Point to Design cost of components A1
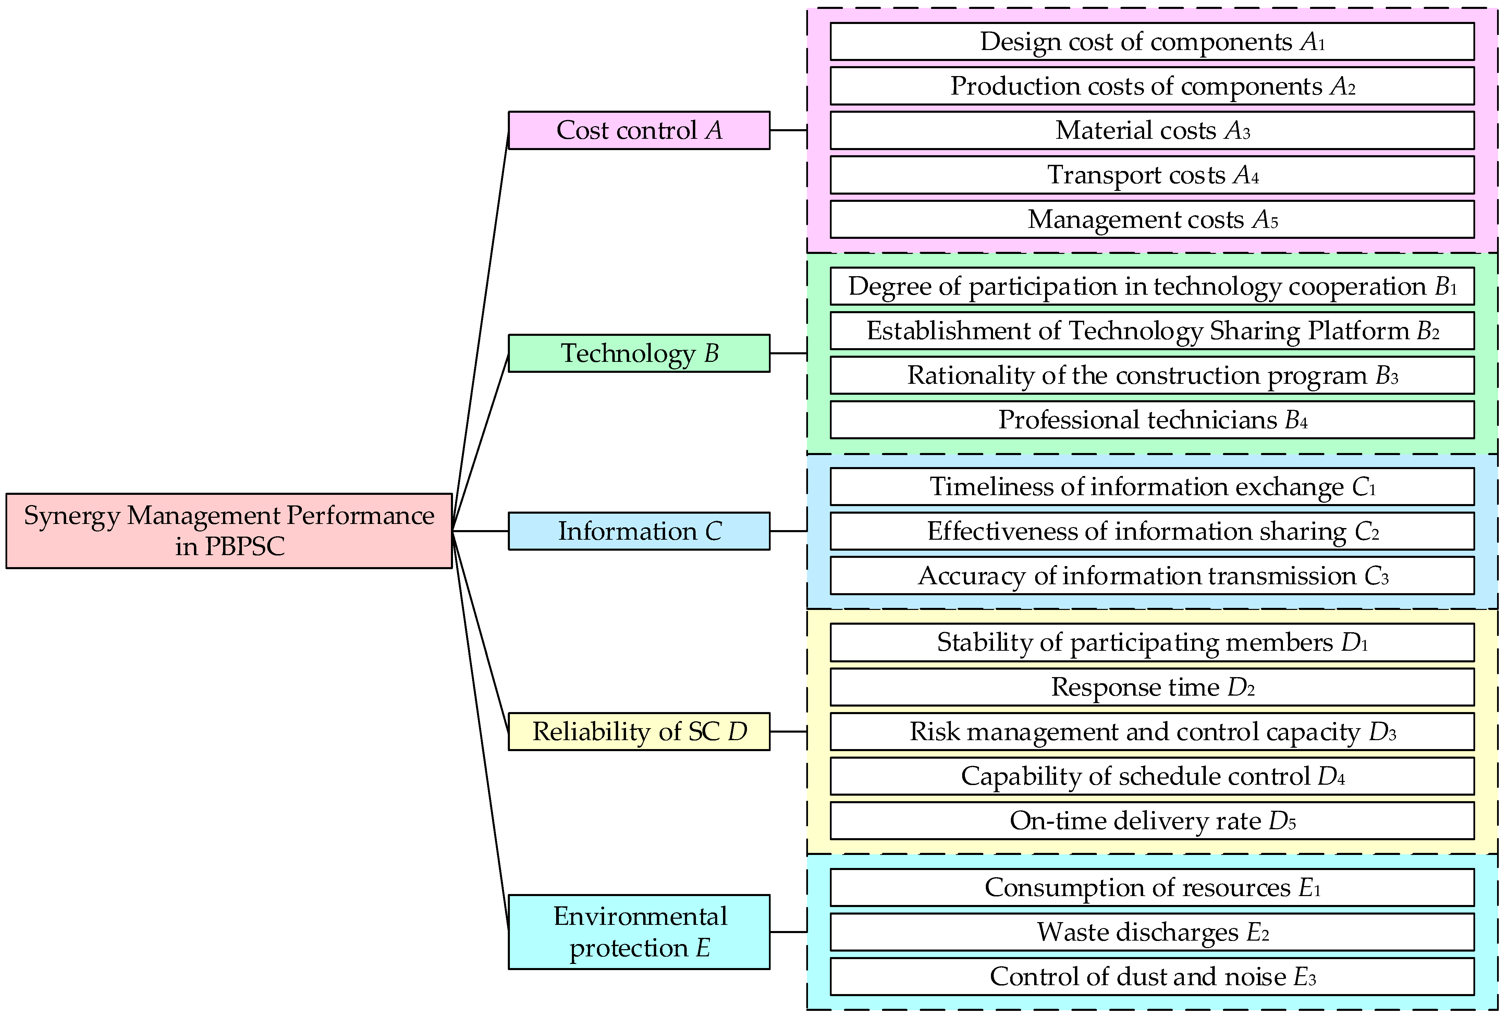tap(1152, 41)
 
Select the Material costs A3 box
tap(1152, 130)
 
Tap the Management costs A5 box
tap(1152, 220)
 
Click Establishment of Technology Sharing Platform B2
tap(1152, 330)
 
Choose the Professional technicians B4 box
tap(1152, 420)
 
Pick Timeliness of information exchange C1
tap(1152, 487)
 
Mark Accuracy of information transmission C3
tap(1152, 575)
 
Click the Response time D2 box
tap(1152, 687)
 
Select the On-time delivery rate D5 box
tap(1152, 820)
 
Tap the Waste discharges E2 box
tap(1152, 932)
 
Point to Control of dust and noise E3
tap(1152, 977)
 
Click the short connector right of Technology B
tap(788, 353)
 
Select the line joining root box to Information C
tap(480, 531)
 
